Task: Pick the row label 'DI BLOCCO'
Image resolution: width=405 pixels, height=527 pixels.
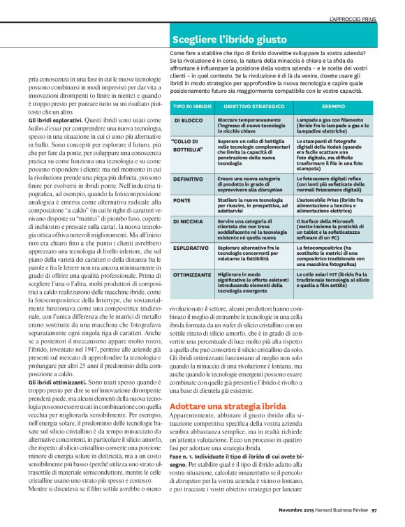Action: tap(189, 120)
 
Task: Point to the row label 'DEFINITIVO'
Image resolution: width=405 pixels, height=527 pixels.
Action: tap(189, 179)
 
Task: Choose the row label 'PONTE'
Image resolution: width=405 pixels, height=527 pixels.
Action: tap(183, 200)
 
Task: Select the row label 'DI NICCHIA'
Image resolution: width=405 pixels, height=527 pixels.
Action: tap(189, 221)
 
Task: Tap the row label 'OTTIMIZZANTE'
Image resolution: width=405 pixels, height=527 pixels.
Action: tap(192, 274)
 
